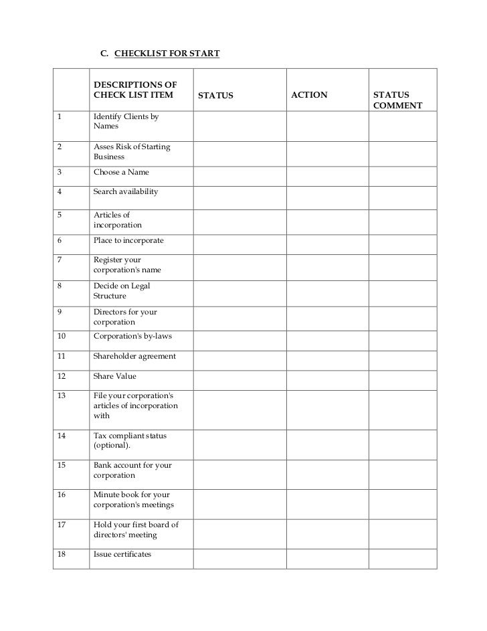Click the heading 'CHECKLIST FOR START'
pos(167,52)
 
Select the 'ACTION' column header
pos(309,95)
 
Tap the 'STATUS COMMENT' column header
pos(397,100)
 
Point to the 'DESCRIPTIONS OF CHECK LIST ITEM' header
pos(135,90)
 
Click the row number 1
pos(60,116)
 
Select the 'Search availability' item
pos(126,191)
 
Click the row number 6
pos(60,240)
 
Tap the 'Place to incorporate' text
pos(128,240)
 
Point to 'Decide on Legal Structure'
pos(122,290)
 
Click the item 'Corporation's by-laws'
pos(133,336)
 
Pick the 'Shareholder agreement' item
pos(134,356)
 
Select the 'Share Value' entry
pos(114,376)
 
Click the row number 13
pos(62,395)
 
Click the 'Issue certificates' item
pos(122,554)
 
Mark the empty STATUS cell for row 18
pos(239,558)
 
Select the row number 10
pos(62,336)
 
